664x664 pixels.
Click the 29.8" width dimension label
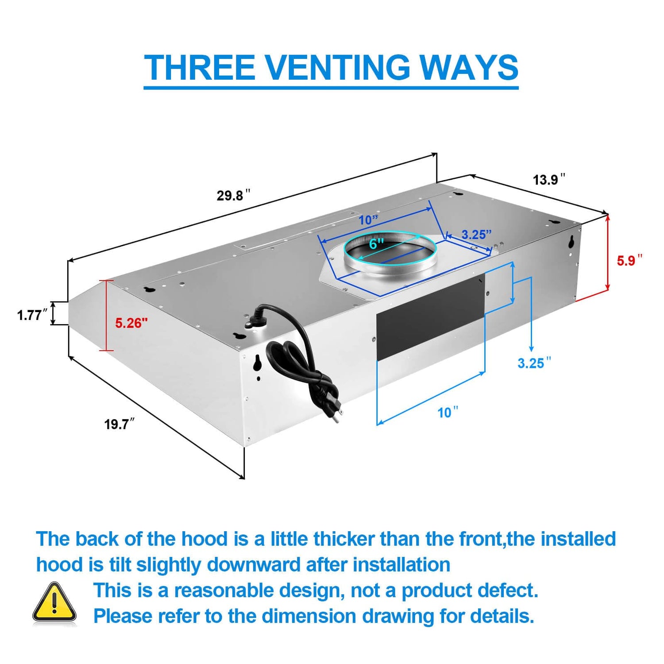[x=233, y=195]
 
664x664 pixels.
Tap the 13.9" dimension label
[x=548, y=180]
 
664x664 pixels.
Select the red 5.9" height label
[x=629, y=260]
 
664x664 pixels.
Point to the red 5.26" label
[x=131, y=323]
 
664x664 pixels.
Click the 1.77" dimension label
[x=31, y=315]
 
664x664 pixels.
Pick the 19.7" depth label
[x=119, y=424]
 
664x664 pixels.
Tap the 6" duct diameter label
[x=376, y=243]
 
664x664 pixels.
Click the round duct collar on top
[x=390, y=255]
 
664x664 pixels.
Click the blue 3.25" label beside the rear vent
[x=534, y=363]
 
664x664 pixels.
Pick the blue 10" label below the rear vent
[x=447, y=413]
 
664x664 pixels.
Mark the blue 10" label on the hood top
[x=368, y=220]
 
